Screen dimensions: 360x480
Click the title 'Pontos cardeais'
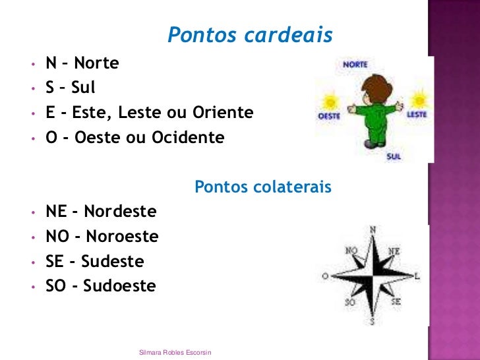250,35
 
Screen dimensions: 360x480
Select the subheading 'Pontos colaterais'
263,188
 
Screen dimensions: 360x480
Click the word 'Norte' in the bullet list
96,63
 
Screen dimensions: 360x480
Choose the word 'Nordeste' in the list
120,212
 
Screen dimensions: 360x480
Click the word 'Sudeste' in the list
112,262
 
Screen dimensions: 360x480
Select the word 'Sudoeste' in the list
119,286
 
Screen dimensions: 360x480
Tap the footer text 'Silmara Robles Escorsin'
175,353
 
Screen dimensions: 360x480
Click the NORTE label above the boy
355,65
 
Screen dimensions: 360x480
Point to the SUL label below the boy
394,157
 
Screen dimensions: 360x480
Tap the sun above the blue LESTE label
417,100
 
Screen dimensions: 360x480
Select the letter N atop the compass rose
373,229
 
